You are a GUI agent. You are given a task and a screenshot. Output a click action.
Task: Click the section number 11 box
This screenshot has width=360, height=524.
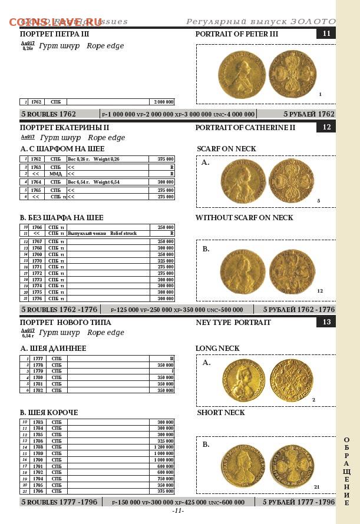coord(326,34)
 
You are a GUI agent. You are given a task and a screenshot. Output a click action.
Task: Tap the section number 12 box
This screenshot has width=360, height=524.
coord(326,127)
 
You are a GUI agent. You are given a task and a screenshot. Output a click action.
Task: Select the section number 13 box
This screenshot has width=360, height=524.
coord(326,322)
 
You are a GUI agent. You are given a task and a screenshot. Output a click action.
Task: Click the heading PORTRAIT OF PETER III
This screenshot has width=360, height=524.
coord(236,34)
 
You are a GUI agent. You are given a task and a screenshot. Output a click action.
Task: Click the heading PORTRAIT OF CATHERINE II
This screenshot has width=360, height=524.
coord(245,128)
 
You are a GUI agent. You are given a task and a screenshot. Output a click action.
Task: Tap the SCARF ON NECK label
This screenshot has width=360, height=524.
coord(226,148)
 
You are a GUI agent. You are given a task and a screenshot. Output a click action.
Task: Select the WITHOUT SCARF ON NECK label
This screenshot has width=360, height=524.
coord(244,218)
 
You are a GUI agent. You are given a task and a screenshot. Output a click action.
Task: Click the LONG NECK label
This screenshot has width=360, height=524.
coord(217,349)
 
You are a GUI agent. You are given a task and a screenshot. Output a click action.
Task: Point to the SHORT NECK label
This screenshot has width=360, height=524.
coord(220,413)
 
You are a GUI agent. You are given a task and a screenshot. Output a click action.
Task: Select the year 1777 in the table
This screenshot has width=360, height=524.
coord(38,359)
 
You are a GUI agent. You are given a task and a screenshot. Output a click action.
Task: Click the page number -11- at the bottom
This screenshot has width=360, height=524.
coord(178,511)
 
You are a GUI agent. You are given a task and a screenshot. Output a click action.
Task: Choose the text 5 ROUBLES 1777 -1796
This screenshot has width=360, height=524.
coord(59,502)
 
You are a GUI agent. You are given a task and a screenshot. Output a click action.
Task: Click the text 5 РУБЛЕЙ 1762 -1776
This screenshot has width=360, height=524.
coord(299,310)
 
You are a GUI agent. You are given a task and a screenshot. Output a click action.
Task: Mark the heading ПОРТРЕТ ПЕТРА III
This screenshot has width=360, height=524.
coord(55,34)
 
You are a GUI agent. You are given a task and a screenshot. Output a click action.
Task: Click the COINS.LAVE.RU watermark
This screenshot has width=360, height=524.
coord(55,22)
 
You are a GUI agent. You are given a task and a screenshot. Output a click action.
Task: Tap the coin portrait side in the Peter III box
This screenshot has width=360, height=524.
coord(241,75)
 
